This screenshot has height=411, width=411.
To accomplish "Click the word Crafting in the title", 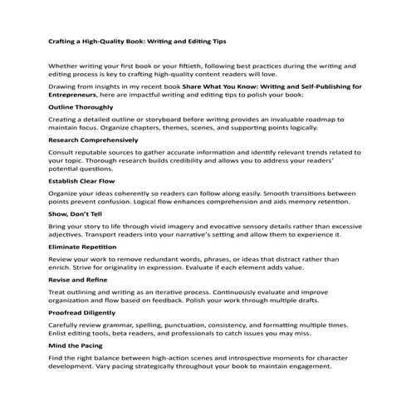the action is (x=64, y=40).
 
